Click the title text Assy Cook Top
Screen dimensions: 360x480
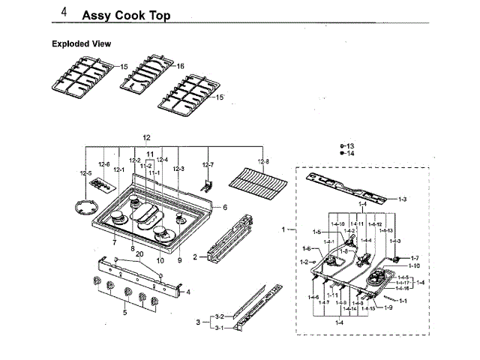tap(125, 15)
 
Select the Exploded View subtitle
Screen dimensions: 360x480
tap(81, 43)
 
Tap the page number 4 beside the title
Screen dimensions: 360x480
tap(64, 13)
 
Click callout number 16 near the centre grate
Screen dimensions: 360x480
tap(180, 66)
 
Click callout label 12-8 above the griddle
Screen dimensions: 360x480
tap(263, 163)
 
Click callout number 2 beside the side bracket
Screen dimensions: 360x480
tap(195, 257)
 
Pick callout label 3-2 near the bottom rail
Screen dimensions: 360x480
tap(219, 317)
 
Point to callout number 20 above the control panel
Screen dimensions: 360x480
tap(139, 254)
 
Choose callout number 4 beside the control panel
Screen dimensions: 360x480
tap(188, 292)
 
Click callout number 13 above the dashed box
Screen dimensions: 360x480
tap(350, 145)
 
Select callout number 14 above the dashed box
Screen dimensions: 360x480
tap(350, 153)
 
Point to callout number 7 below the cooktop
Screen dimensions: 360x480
tap(114, 242)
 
